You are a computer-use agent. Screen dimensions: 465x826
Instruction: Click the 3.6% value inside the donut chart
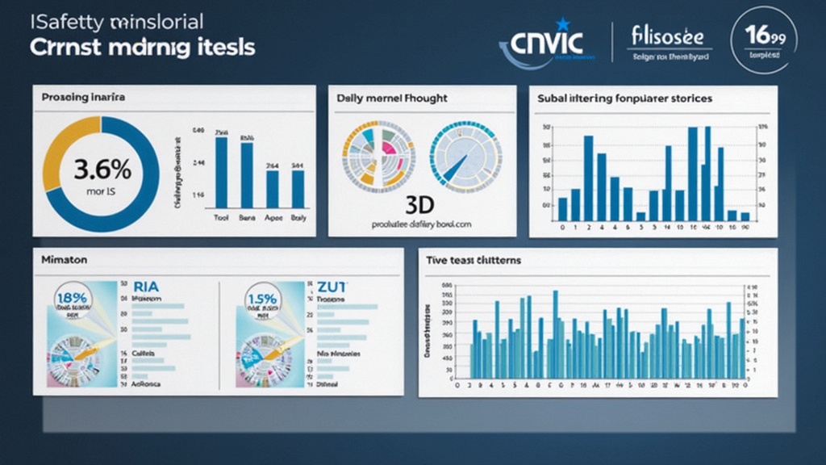tap(102, 170)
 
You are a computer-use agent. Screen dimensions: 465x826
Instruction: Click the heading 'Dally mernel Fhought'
tap(392, 98)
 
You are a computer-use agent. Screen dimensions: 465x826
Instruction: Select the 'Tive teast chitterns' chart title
tap(474, 260)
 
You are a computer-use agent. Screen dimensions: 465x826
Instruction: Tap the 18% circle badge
tap(73, 300)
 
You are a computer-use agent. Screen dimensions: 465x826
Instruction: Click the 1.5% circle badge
tap(262, 300)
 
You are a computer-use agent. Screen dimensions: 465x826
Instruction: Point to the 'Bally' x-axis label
tap(298, 218)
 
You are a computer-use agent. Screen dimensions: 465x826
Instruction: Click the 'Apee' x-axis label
tap(273, 218)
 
